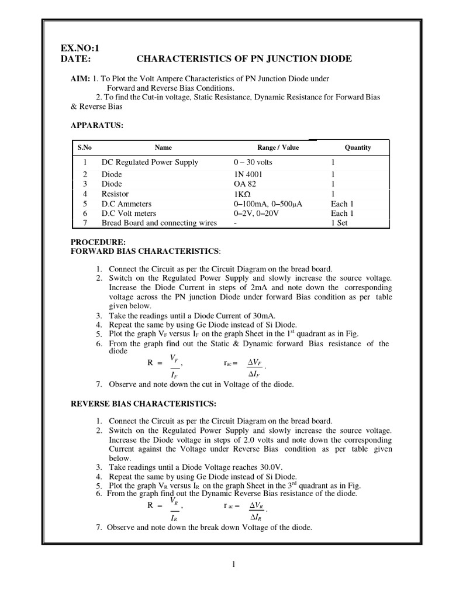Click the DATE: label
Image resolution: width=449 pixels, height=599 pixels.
76,59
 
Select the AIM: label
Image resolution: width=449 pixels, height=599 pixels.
80,79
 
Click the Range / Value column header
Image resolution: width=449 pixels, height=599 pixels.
278,147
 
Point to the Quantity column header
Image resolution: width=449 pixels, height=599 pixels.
358,147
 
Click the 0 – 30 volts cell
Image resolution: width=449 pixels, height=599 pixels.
253,162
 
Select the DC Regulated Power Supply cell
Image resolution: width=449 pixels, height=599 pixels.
150,162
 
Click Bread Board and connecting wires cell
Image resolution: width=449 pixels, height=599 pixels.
159,223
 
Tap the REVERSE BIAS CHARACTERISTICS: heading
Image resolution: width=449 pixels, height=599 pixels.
143,404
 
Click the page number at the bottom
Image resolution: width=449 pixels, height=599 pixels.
233,564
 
